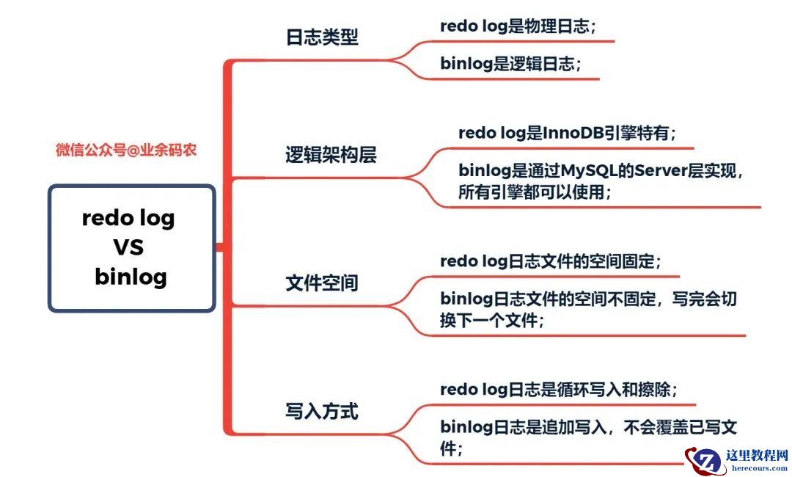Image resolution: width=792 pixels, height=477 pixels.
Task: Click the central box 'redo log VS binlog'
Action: (132, 247)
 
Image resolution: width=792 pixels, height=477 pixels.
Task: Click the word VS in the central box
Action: (128, 247)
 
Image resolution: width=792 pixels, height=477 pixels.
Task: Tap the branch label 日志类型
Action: (322, 37)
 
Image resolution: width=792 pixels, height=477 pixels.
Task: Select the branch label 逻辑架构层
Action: (331, 155)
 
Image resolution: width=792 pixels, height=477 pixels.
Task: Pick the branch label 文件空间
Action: (322, 283)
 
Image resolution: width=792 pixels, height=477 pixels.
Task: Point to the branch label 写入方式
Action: (322, 411)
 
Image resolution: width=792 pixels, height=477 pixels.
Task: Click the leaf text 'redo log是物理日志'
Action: (515, 26)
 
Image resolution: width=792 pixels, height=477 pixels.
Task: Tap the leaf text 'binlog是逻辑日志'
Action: (507, 64)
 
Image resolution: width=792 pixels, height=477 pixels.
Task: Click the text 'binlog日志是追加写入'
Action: (524, 428)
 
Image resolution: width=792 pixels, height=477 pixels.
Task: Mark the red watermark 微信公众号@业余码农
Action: (126, 150)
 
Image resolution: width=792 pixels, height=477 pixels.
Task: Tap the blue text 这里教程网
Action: (757, 455)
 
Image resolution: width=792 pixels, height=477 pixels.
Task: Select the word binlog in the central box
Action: (131, 277)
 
